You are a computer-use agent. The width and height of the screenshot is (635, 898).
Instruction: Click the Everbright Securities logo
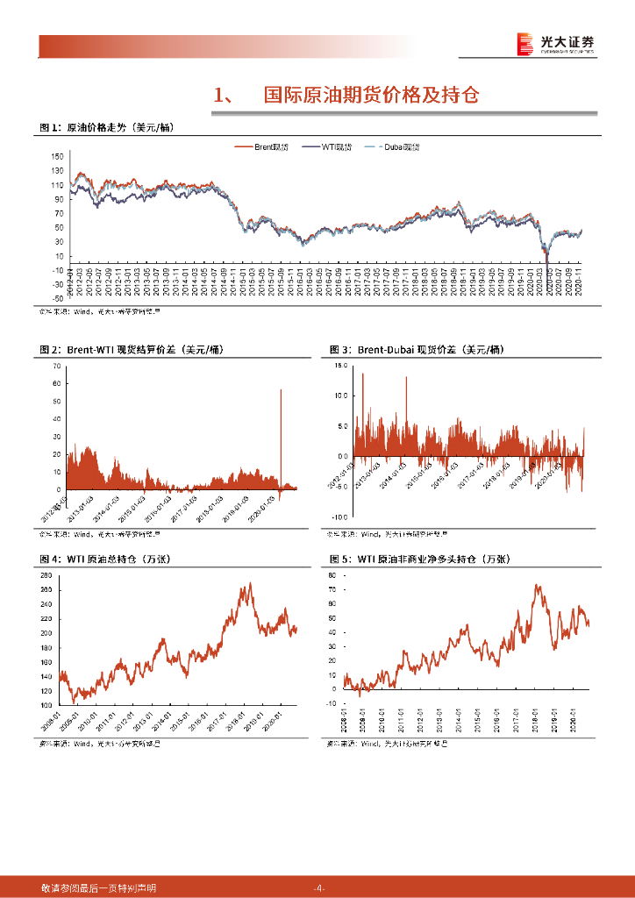tap(554, 43)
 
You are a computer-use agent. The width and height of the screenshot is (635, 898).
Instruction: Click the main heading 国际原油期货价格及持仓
tap(371, 96)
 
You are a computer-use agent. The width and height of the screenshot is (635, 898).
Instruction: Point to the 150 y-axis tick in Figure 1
tap(58, 156)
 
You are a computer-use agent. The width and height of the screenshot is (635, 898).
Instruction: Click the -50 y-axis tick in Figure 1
tap(58, 298)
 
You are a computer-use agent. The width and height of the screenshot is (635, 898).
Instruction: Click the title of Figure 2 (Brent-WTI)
tap(132, 350)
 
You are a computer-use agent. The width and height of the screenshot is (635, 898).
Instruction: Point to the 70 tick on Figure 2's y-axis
tap(58, 363)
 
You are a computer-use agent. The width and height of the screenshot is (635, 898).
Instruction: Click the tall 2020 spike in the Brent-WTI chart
tap(281, 391)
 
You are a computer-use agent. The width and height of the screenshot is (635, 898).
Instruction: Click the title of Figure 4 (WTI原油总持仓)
tap(111, 559)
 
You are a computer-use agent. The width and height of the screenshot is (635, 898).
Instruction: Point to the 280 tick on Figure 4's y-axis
tap(47, 575)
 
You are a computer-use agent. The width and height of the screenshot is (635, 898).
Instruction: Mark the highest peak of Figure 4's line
tap(250, 584)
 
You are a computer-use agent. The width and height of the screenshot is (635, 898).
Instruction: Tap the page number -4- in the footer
tap(318, 888)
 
